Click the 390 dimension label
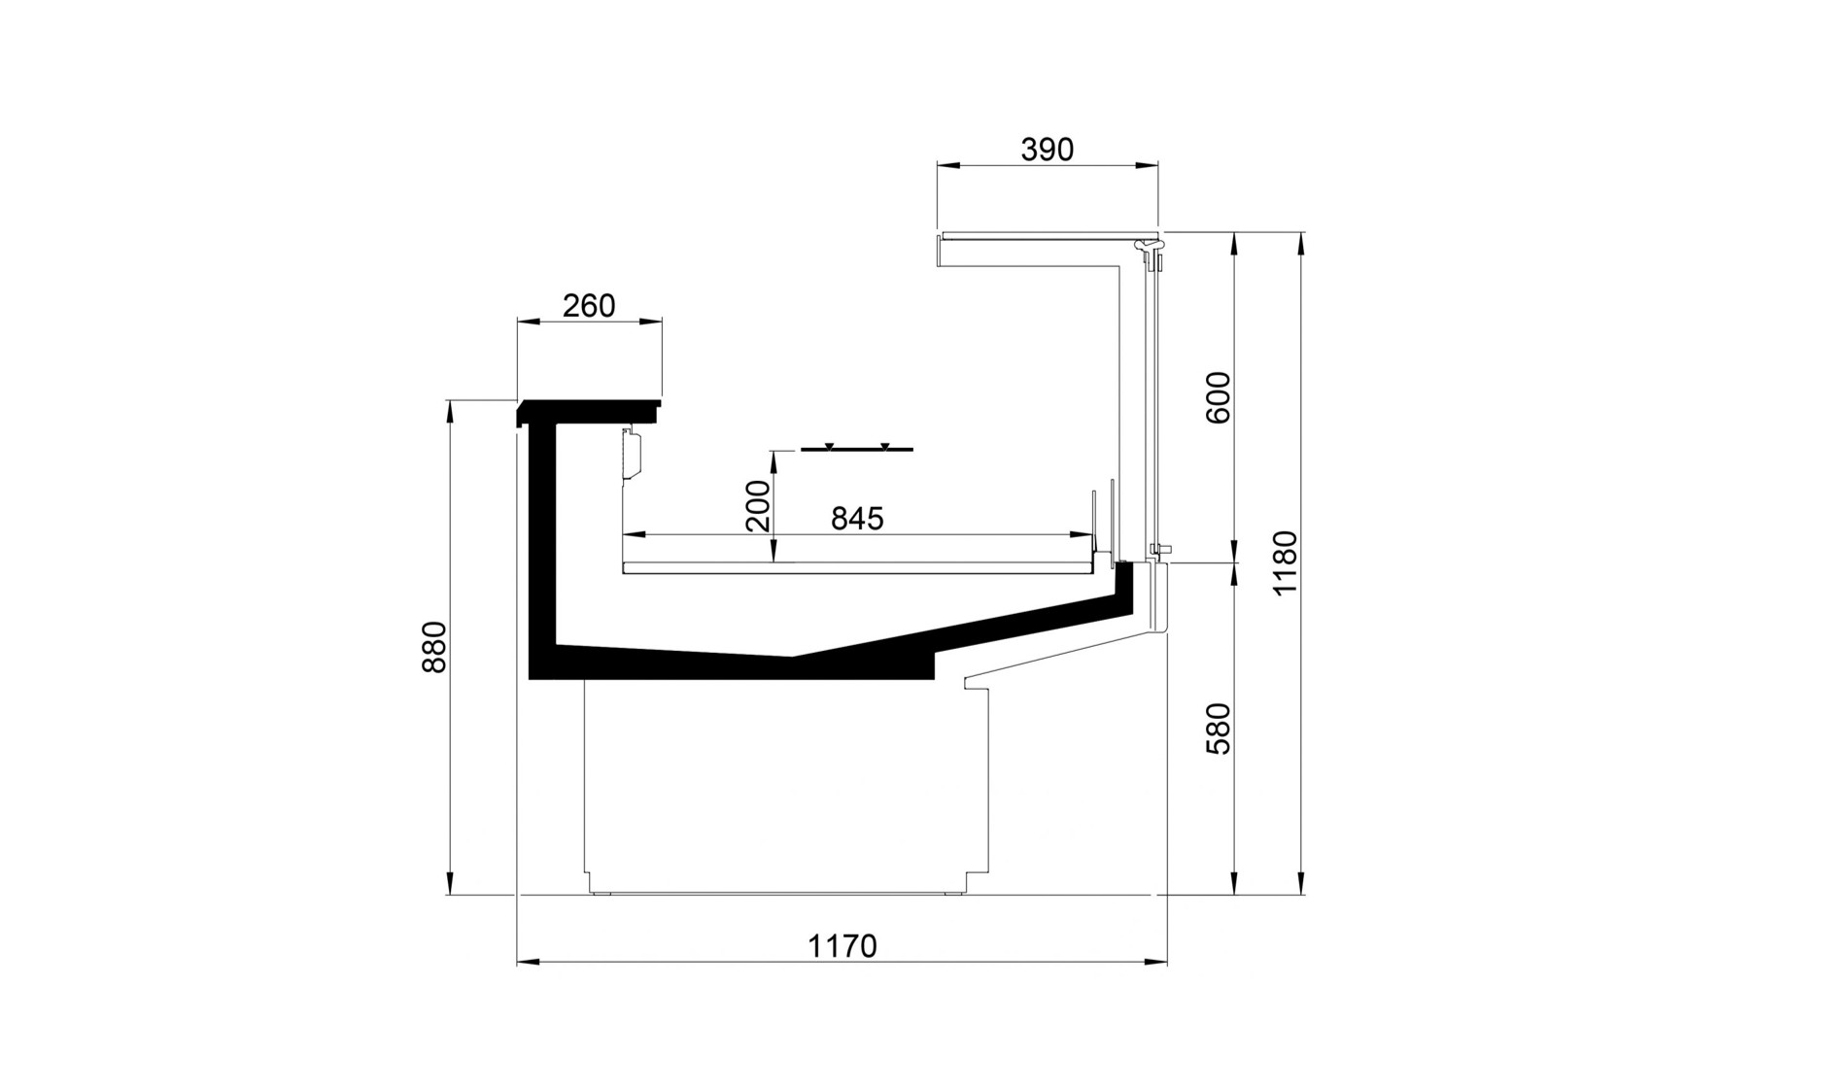pos(1048,150)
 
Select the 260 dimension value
pos(589,306)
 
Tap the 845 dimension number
pos(857,519)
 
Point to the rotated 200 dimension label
pos(758,505)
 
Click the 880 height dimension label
pos(433,646)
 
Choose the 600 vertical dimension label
pos(1218,397)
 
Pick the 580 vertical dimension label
pos(1218,729)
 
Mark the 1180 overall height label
pos(1285,563)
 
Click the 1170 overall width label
pos(842,946)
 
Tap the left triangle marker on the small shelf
pos(829,446)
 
